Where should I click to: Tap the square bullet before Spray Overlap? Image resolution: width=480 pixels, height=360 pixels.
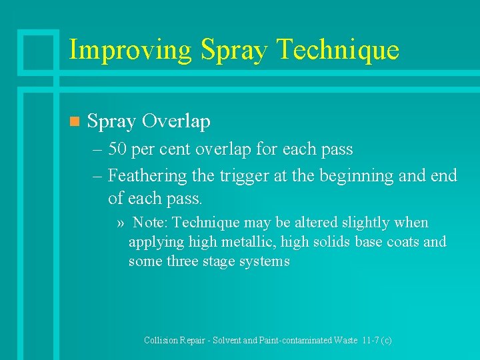pos(74,121)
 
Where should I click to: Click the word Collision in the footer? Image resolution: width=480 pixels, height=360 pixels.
pos(161,340)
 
